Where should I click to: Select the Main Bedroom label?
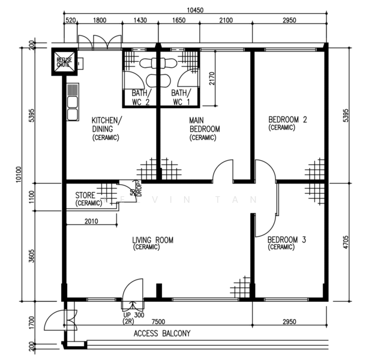pos(205,128)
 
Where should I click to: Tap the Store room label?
pos(89,199)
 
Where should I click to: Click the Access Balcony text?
pos(162,334)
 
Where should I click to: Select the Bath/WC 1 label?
pos(179,97)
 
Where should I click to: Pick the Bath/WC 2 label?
pos(140,97)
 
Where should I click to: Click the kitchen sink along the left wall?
pos(73,102)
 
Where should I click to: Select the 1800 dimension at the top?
pos(100,20)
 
